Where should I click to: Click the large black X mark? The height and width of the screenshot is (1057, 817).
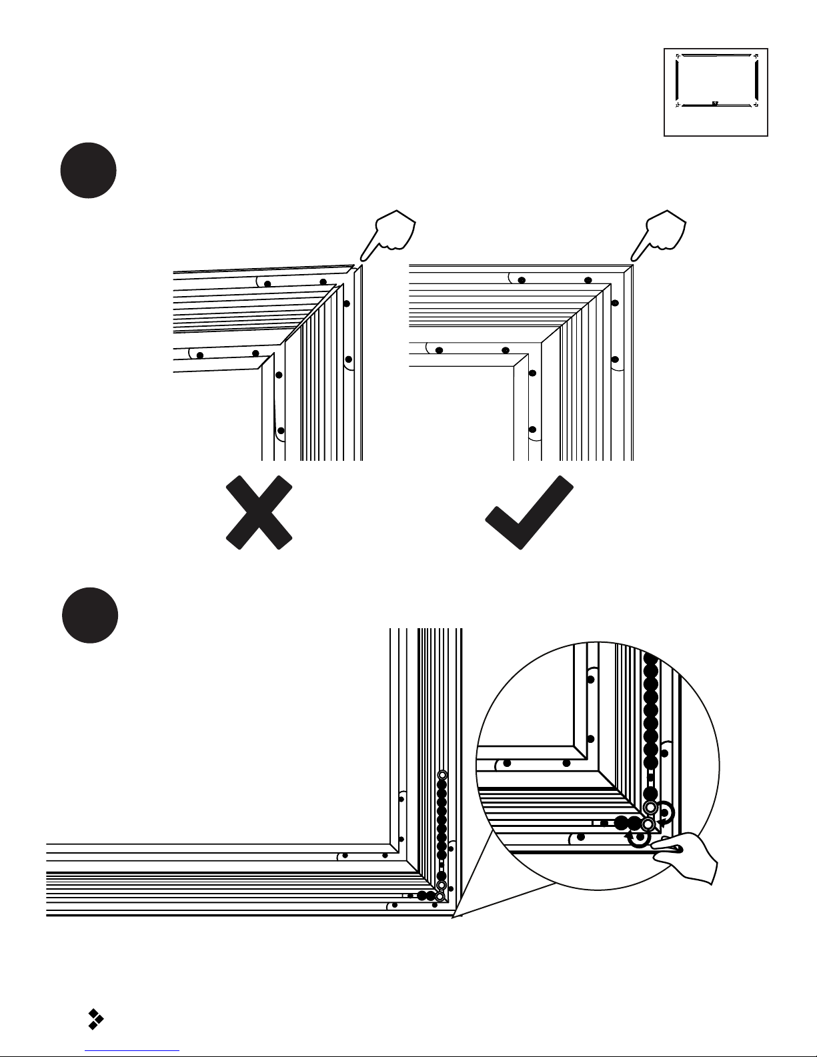coord(259,512)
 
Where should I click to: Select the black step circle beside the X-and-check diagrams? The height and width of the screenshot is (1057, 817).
coord(89,170)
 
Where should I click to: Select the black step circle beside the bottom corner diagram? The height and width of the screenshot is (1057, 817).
coord(90,615)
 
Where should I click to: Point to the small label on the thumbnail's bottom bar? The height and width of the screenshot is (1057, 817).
coord(714,103)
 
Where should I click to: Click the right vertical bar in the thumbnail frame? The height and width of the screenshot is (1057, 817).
coord(756,80)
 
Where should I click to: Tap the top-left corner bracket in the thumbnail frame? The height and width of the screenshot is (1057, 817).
coord(678,57)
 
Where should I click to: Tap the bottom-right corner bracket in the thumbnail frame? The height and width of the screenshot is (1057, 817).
coord(755,104)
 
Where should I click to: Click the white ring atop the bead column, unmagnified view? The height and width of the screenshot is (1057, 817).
coord(442,775)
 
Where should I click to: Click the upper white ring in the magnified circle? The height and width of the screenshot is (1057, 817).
coord(650,808)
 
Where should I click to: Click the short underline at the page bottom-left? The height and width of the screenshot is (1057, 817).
coord(133,1051)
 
